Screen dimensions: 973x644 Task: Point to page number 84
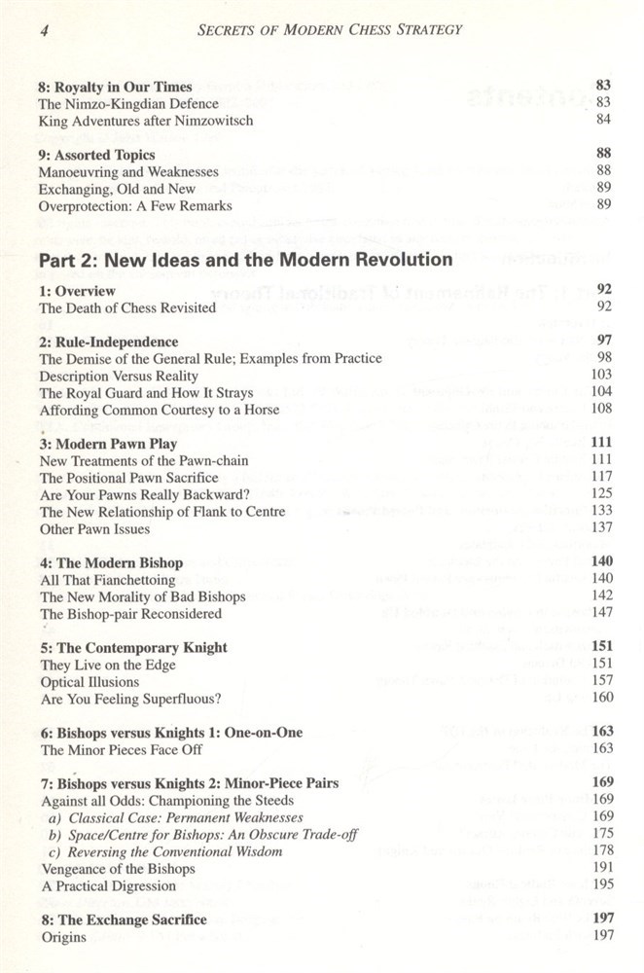pos(602,120)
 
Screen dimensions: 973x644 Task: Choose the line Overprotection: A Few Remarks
pos(136,205)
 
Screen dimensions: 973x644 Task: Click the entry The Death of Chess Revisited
pos(127,308)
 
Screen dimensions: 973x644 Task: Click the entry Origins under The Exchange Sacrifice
pos(62,937)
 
